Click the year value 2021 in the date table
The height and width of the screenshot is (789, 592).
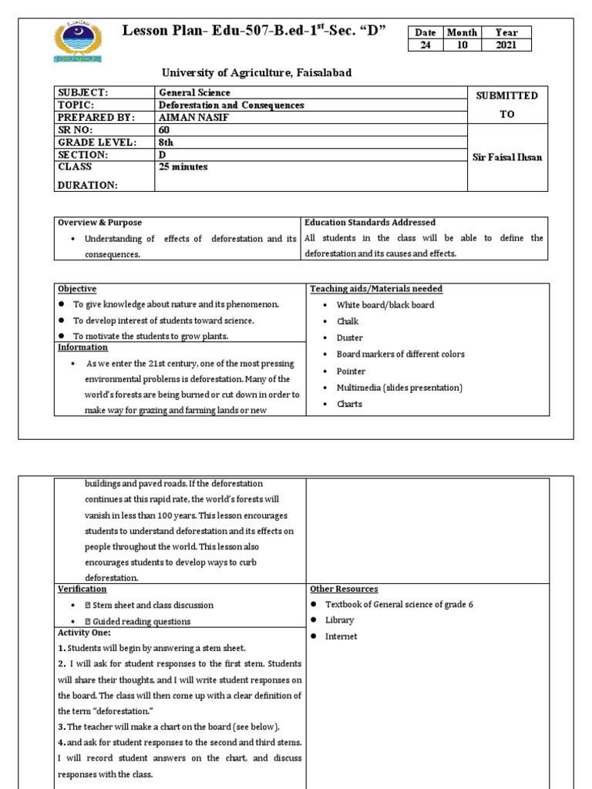pos(506,45)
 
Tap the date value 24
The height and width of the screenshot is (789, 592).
pos(424,45)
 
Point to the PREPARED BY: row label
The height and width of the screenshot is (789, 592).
pos(96,117)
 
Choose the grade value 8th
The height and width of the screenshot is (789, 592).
pos(166,142)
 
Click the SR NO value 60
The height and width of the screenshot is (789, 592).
pos(163,129)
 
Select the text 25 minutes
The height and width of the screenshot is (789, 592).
pos(183,166)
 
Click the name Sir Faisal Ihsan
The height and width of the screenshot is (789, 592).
pos(507,156)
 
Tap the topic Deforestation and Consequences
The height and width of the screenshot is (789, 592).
pos(230,105)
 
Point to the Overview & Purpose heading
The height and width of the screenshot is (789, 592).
pos(99,222)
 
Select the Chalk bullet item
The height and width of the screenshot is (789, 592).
pos(348,321)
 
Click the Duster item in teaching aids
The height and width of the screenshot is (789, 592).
pos(349,337)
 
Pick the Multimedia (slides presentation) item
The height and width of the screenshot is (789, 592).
pos(399,388)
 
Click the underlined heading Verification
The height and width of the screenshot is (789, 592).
pos(82,589)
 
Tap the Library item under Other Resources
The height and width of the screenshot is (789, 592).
pos(339,619)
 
